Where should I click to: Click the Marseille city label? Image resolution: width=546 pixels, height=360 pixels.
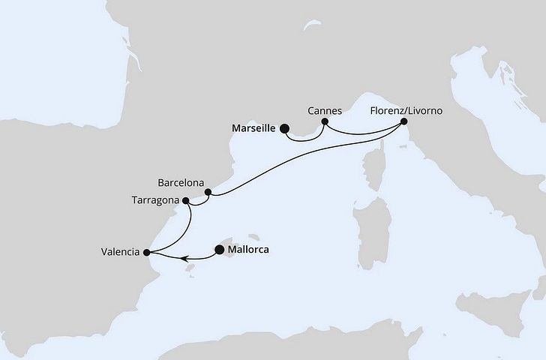pos(251,128)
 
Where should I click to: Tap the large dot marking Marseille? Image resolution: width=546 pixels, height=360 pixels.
pos(284,128)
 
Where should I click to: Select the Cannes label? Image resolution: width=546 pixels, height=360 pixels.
pos(324,110)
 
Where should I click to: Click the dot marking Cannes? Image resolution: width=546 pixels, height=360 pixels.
pos(325,121)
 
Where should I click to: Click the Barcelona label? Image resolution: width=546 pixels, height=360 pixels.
pos(183,181)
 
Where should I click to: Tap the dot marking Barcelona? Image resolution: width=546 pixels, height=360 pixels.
pos(208,192)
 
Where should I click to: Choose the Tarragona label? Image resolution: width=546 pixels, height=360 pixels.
pos(154,201)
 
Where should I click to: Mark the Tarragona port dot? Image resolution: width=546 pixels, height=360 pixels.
pos(185,201)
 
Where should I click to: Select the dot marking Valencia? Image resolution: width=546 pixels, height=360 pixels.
pos(146,252)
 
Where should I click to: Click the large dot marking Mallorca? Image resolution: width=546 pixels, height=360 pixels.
pos(219,250)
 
